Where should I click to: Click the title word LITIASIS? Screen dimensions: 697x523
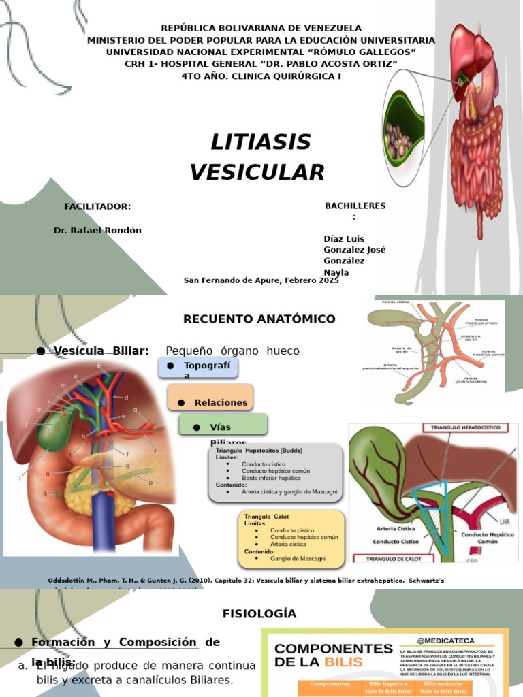tap(260, 142)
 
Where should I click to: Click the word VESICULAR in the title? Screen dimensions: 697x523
tap(257, 172)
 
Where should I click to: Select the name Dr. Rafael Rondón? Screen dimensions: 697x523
tap(97, 230)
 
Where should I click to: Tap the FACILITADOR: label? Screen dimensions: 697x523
tap(97, 206)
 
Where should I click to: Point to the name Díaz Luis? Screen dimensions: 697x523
tap(344, 238)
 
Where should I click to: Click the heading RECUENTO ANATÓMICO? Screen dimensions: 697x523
tap(259, 319)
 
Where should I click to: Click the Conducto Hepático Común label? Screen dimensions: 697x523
tap(487, 538)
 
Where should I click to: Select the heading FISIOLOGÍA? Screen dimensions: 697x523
tap(259, 613)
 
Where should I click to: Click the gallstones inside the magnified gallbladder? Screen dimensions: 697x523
tap(398, 140)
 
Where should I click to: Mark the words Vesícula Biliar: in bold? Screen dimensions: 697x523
tap(101, 351)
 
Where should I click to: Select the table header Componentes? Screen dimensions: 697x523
tap(330, 684)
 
